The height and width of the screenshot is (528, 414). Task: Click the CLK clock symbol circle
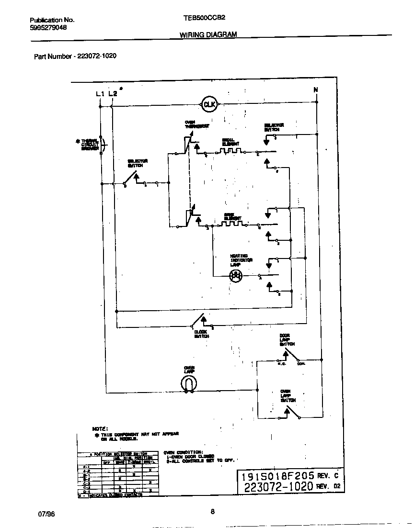point(209,104)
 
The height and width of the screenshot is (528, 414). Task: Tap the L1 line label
point(100,94)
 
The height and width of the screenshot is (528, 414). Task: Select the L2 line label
point(112,94)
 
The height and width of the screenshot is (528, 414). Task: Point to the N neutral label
point(315,90)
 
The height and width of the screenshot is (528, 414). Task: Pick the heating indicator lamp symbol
point(235,275)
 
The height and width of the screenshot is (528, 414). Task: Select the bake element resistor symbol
point(232,223)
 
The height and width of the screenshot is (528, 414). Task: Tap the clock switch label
point(201,334)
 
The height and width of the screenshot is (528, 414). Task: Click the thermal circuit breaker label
point(90,145)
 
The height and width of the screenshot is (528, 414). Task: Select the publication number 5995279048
point(48,28)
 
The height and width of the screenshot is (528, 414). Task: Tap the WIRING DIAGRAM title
point(208,34)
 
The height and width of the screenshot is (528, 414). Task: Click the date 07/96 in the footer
point(46,514)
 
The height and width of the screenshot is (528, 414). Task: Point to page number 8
point(212,511)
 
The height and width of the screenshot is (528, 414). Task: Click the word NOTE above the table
point(100,428)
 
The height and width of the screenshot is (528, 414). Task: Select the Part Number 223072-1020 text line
point(75,56)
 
